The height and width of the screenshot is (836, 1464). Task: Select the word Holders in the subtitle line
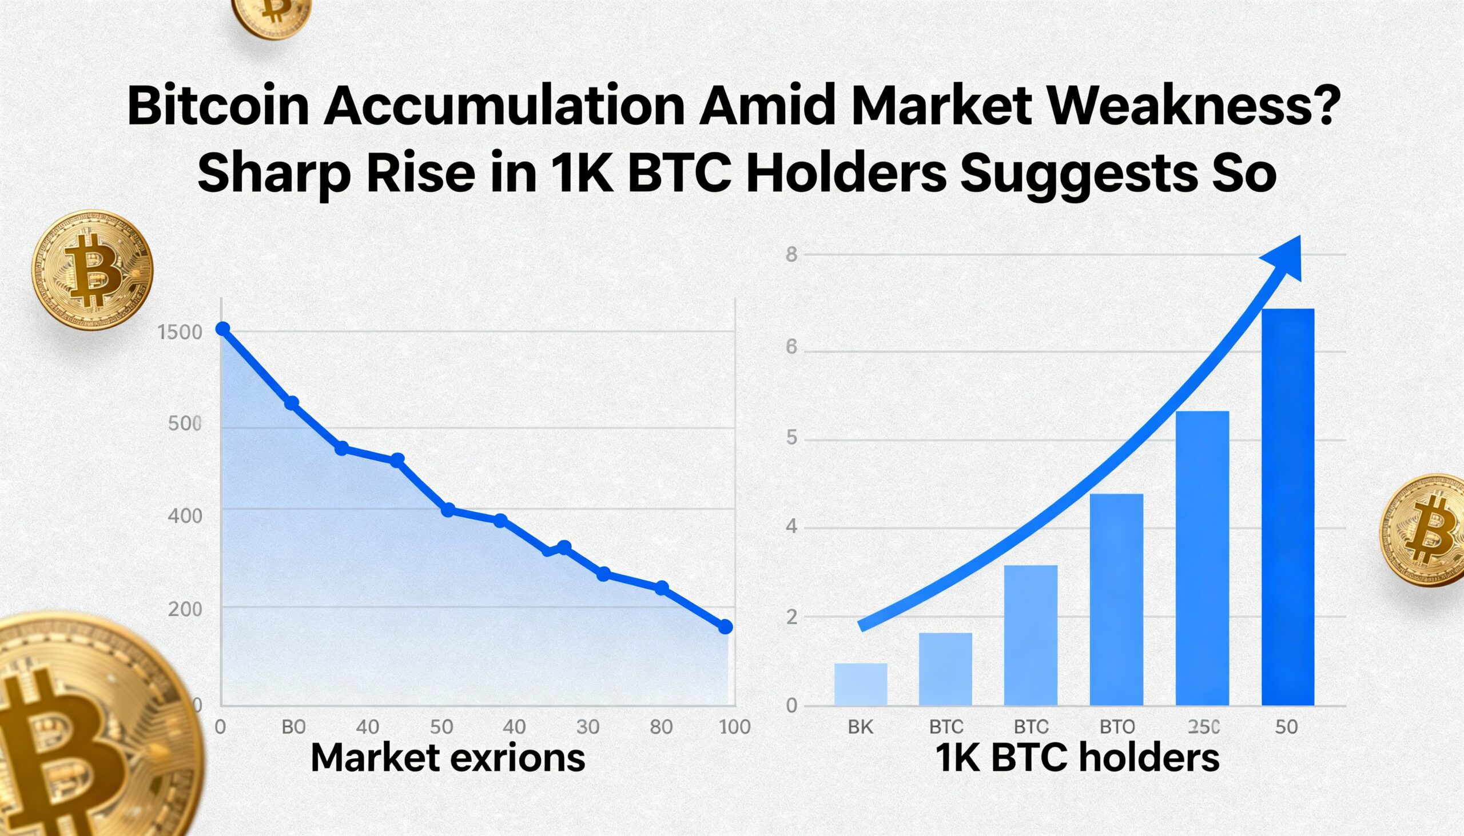pos(845,174)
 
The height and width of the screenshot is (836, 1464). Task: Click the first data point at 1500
pos(222,329)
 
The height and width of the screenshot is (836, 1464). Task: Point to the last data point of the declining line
pos(726,627)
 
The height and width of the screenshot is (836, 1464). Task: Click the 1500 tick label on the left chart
pos(179,333)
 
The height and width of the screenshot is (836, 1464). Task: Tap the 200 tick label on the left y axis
pos(185,609)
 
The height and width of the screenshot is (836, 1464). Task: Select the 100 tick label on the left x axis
pos(735,727)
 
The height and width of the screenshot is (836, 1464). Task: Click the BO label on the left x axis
pos(293,727)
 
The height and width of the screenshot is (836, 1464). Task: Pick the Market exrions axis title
pos(448,758)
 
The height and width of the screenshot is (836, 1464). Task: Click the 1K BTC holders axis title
pos(1077,758)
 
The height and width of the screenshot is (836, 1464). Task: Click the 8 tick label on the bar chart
pos(791,254)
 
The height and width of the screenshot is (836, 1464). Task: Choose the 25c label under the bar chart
pos(1203,727)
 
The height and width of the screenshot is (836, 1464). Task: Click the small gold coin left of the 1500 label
pos(92,270)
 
